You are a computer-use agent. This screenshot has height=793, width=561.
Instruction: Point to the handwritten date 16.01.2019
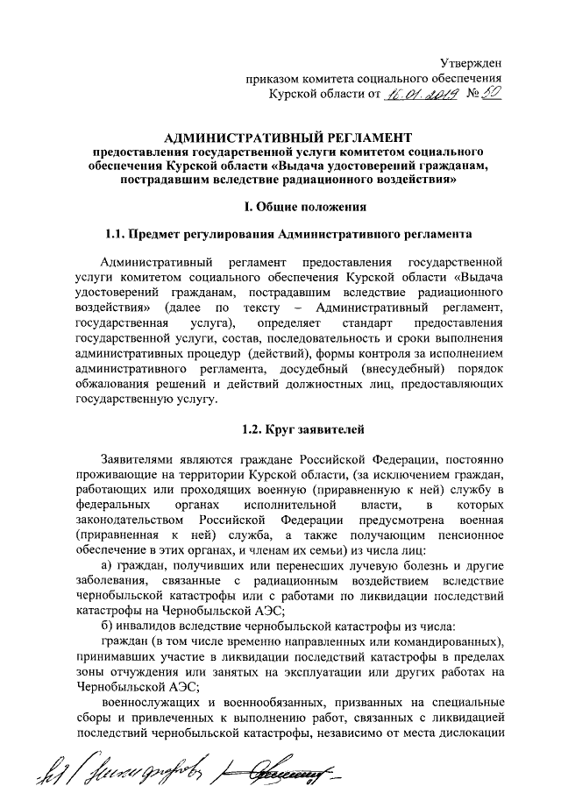418,94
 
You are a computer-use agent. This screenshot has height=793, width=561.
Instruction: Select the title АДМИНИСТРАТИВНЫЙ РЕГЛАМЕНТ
288,138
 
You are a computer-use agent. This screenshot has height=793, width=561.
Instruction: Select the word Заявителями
140,457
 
